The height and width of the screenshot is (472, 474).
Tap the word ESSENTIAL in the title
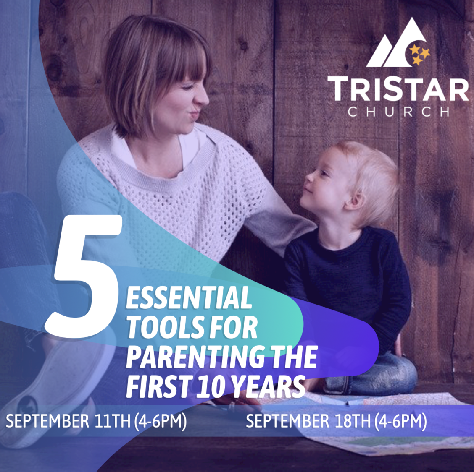point(189,298)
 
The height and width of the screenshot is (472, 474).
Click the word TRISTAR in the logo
point(398,89)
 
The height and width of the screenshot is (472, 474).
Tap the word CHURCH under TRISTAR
point(398,112)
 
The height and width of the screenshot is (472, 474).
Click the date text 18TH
point(353,421)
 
